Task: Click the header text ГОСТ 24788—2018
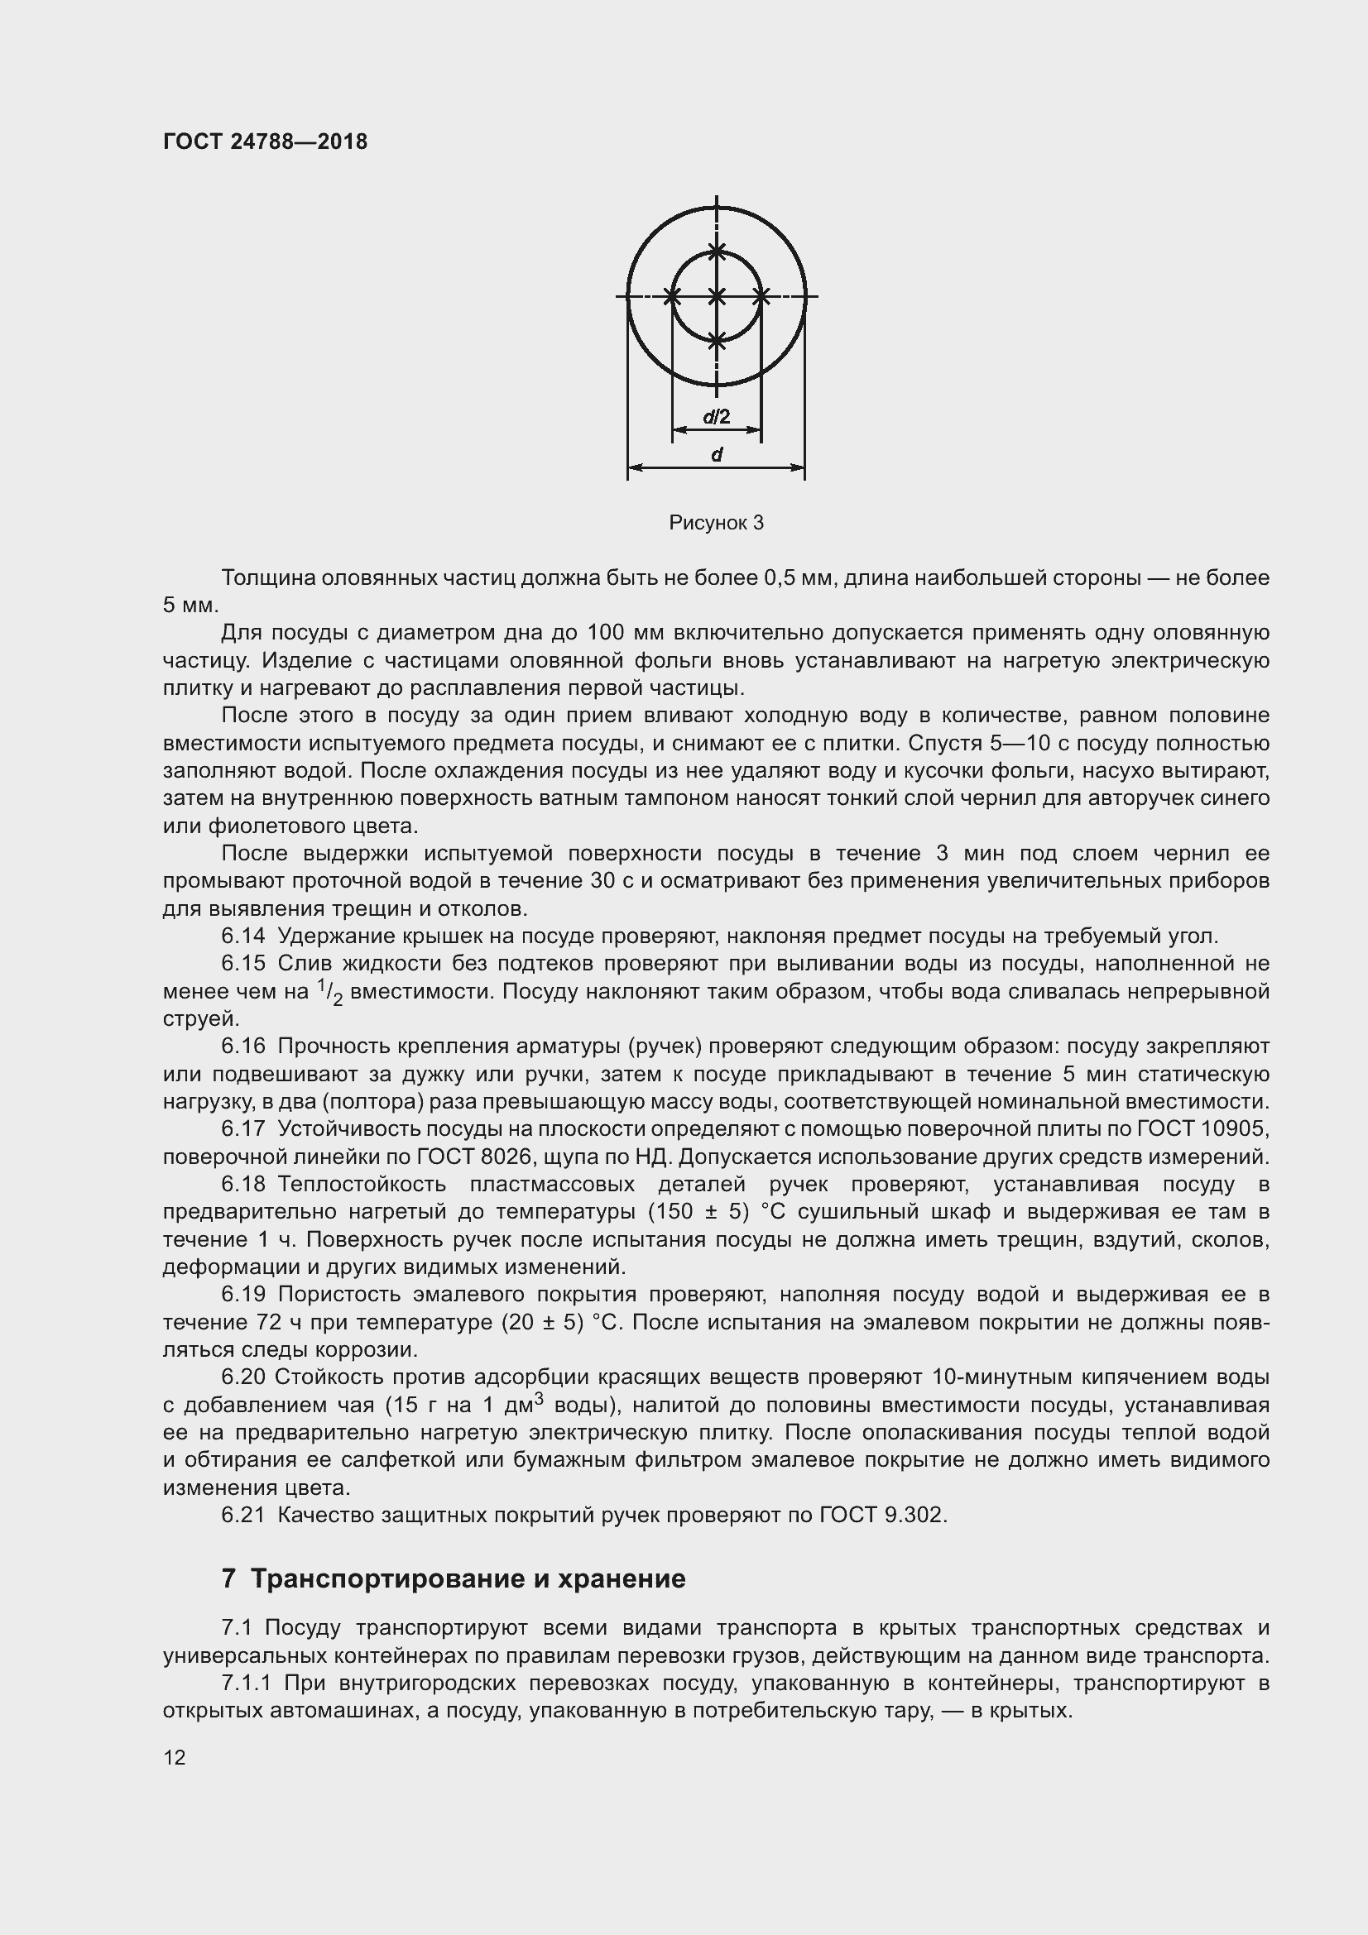point(265,141)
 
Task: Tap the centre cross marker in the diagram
point(717,296)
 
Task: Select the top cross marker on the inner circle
point(717,251)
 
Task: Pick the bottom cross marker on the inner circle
point(717,341)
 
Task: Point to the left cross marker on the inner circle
point(672,296)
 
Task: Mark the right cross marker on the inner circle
point(761,296)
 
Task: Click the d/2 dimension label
point(716,415)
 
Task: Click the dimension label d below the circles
point(717,455)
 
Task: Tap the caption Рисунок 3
point(716,523)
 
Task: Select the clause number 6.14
point(242,936)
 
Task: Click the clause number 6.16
point(242,1046)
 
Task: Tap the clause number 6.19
point(242,1294)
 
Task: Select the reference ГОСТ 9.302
point(882,1515)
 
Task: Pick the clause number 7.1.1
point(245,1683)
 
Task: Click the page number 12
point(175,1757)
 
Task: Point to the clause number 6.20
point(242,1377)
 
